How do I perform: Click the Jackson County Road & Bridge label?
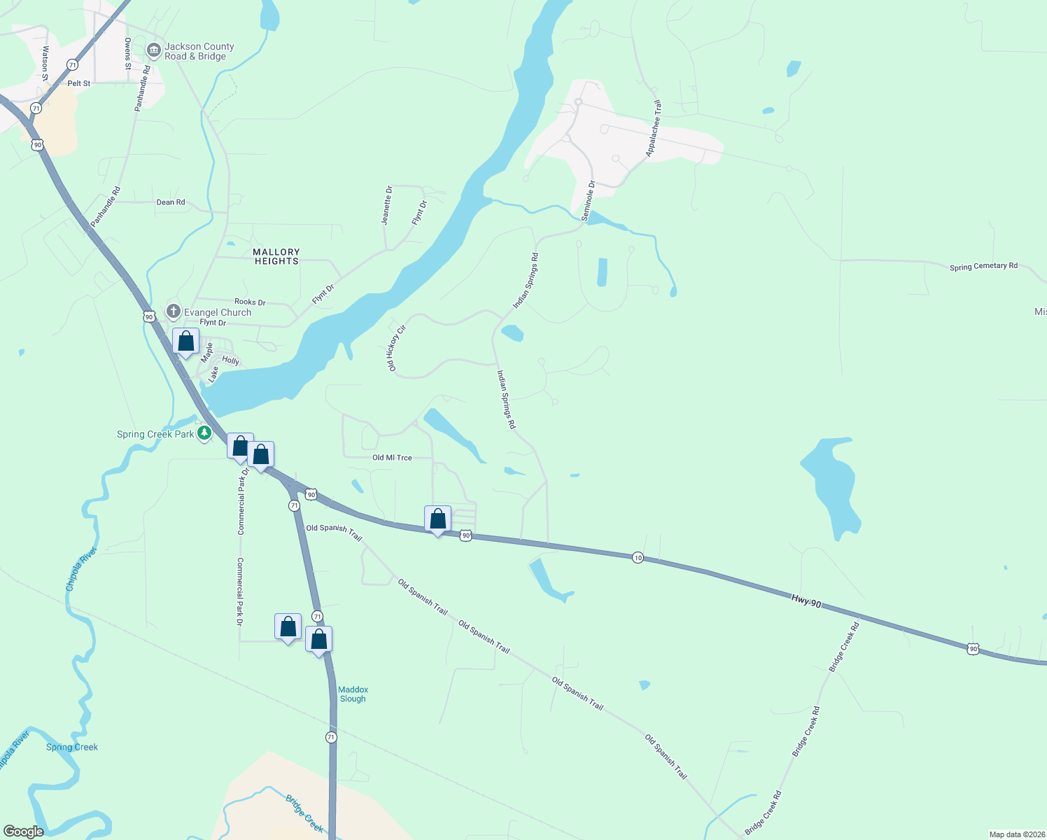tap(199, 52)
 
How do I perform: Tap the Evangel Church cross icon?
tap(174, 311)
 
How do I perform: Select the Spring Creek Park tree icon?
tap(204, 434)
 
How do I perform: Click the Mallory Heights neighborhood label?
tap(276, 256)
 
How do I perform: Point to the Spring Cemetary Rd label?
tap(983, 267)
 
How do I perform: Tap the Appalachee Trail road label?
tap(653, 128)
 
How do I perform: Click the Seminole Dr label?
tap(588, 202)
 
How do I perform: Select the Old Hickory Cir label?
tap(397, 347)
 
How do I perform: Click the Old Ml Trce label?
tap(392, 458)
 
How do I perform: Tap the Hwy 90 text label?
tap(806, 601)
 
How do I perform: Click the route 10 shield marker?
tap(638, 558)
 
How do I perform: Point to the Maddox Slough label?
tap(353, 694)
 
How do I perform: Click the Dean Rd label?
tap(171, 202)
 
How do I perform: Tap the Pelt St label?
tap(79, 83)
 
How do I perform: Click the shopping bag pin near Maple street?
tap(185, 342)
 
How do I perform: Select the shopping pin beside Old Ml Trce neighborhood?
tap(438, 519)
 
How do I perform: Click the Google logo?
tap(24, 832)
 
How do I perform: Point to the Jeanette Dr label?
tap(387, 205)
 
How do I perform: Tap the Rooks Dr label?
tap(250, 302)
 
